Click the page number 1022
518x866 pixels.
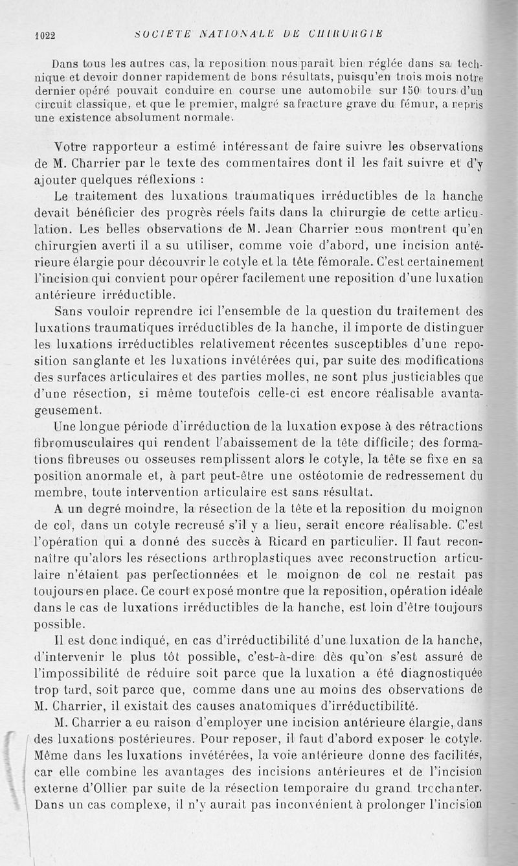[46, 36]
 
